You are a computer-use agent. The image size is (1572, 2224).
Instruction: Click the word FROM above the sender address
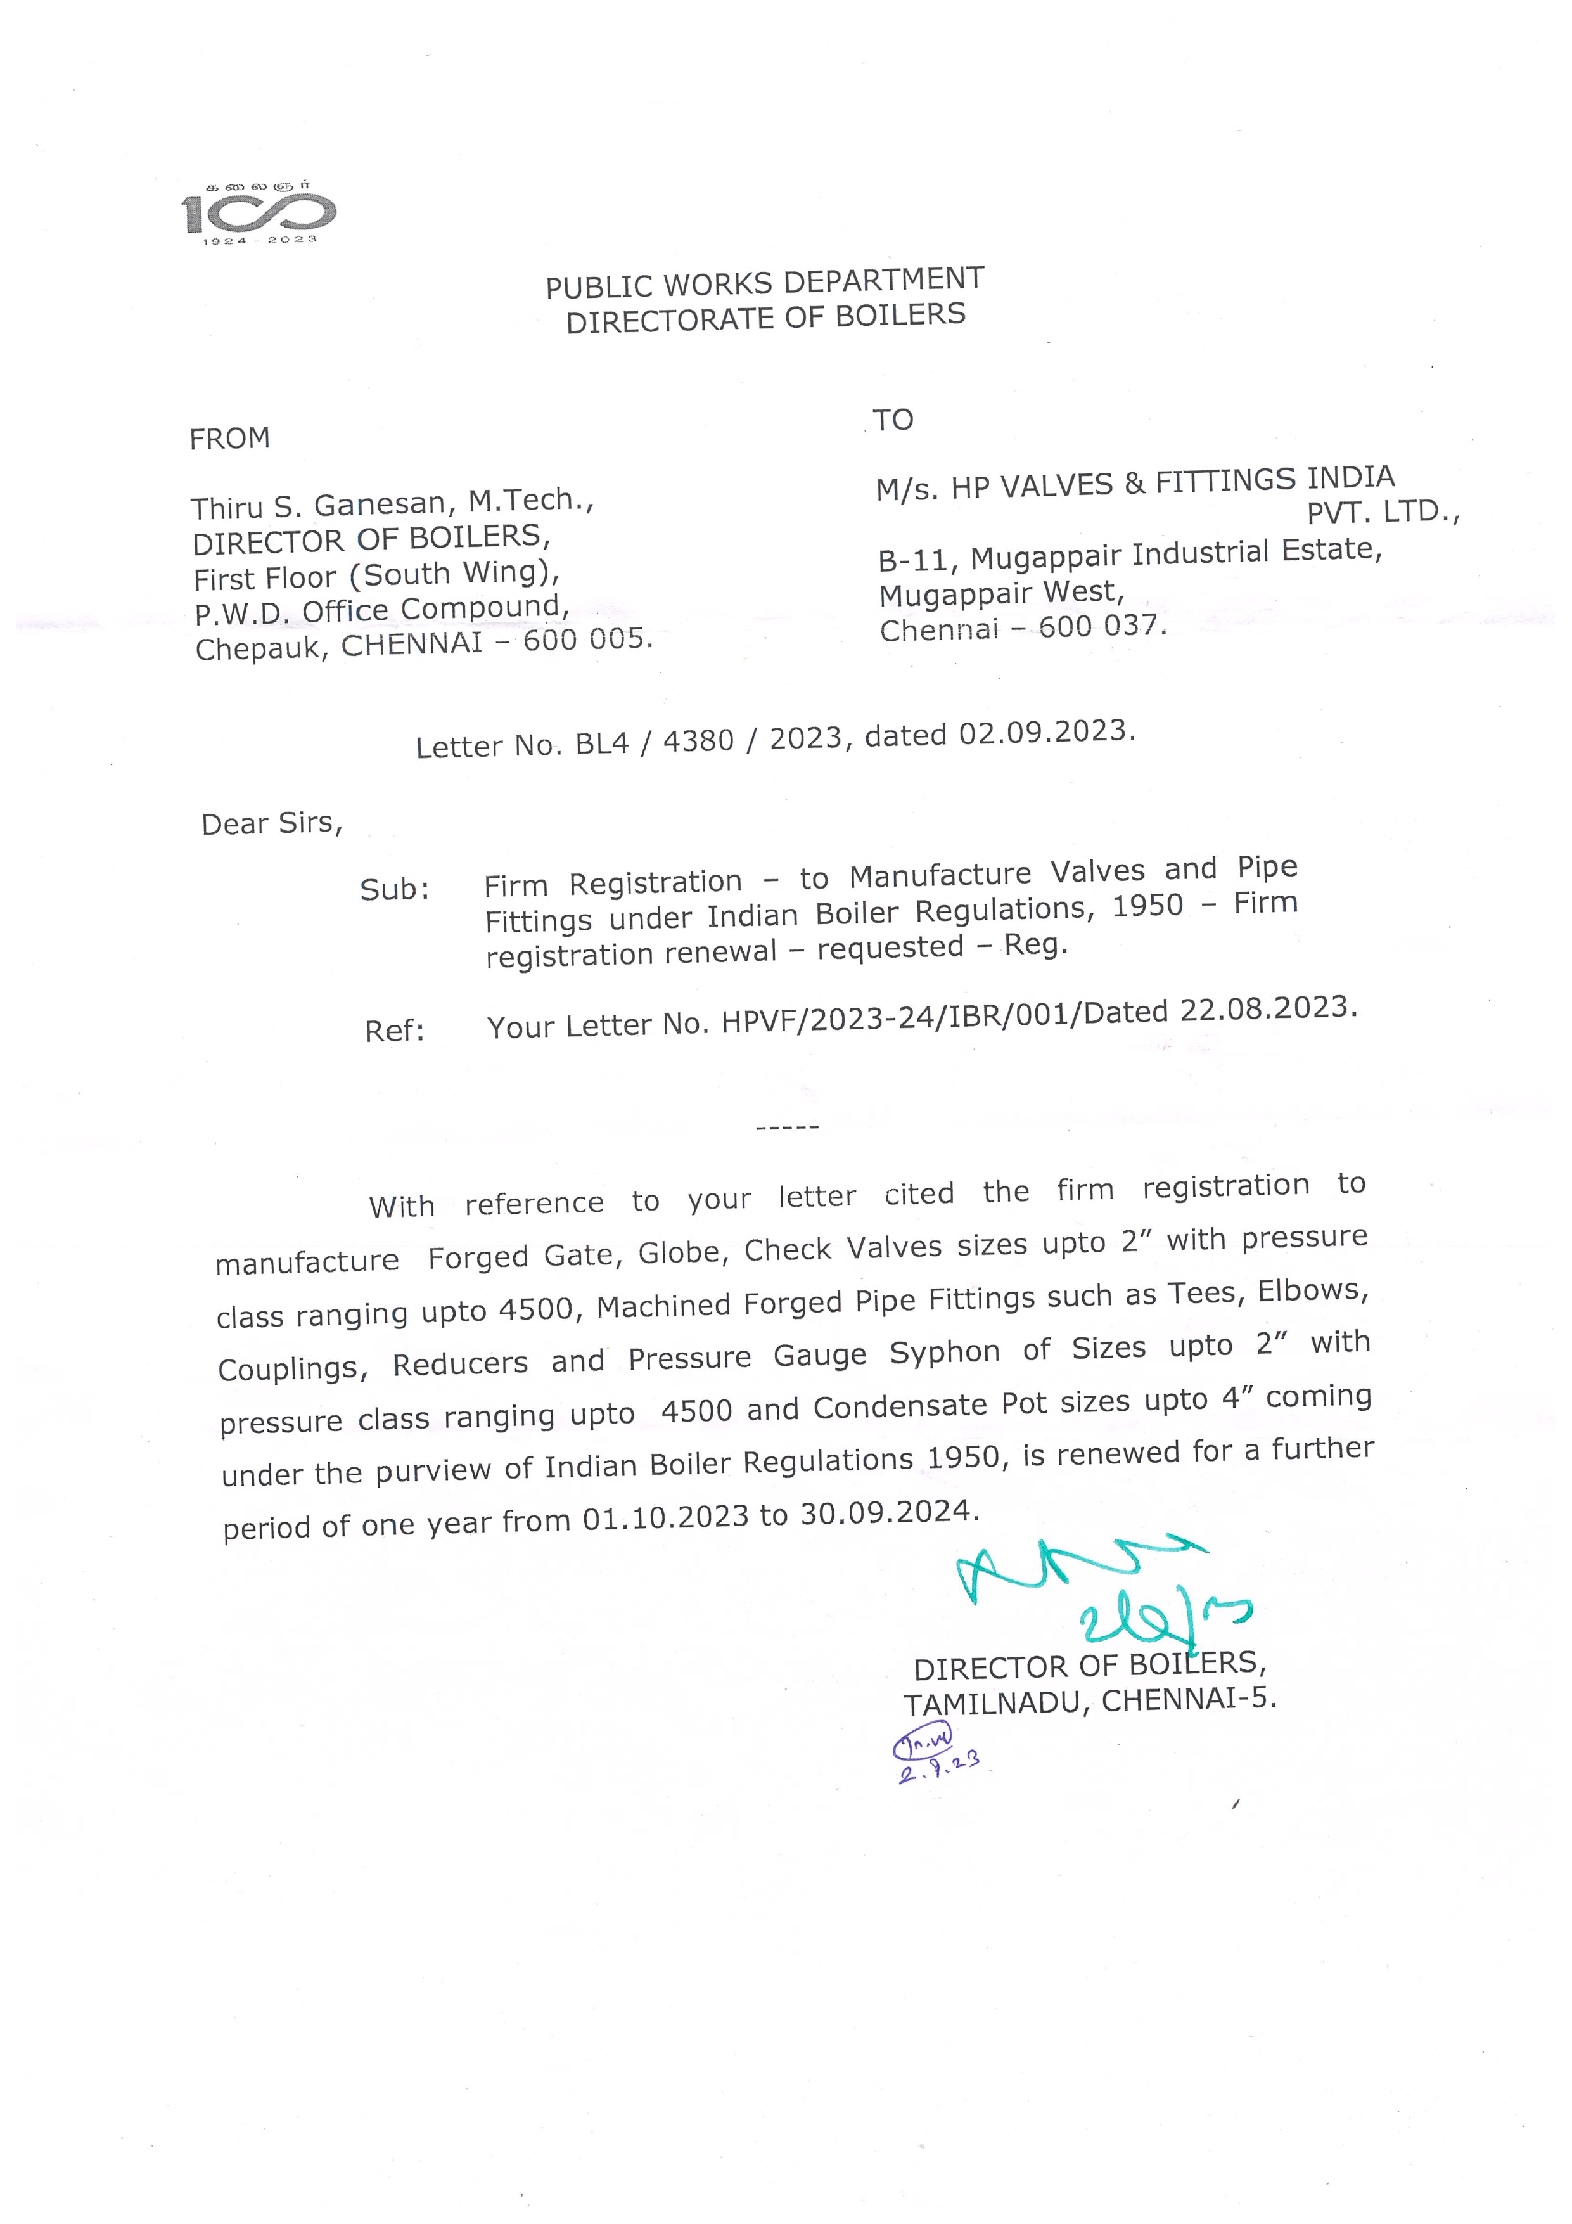[229, 439]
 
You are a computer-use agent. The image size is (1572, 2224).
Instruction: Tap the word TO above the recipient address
[892, 420]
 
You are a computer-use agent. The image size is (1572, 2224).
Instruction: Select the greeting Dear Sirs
[271, 823]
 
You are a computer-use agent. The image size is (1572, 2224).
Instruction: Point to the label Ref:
[394, 1031]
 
